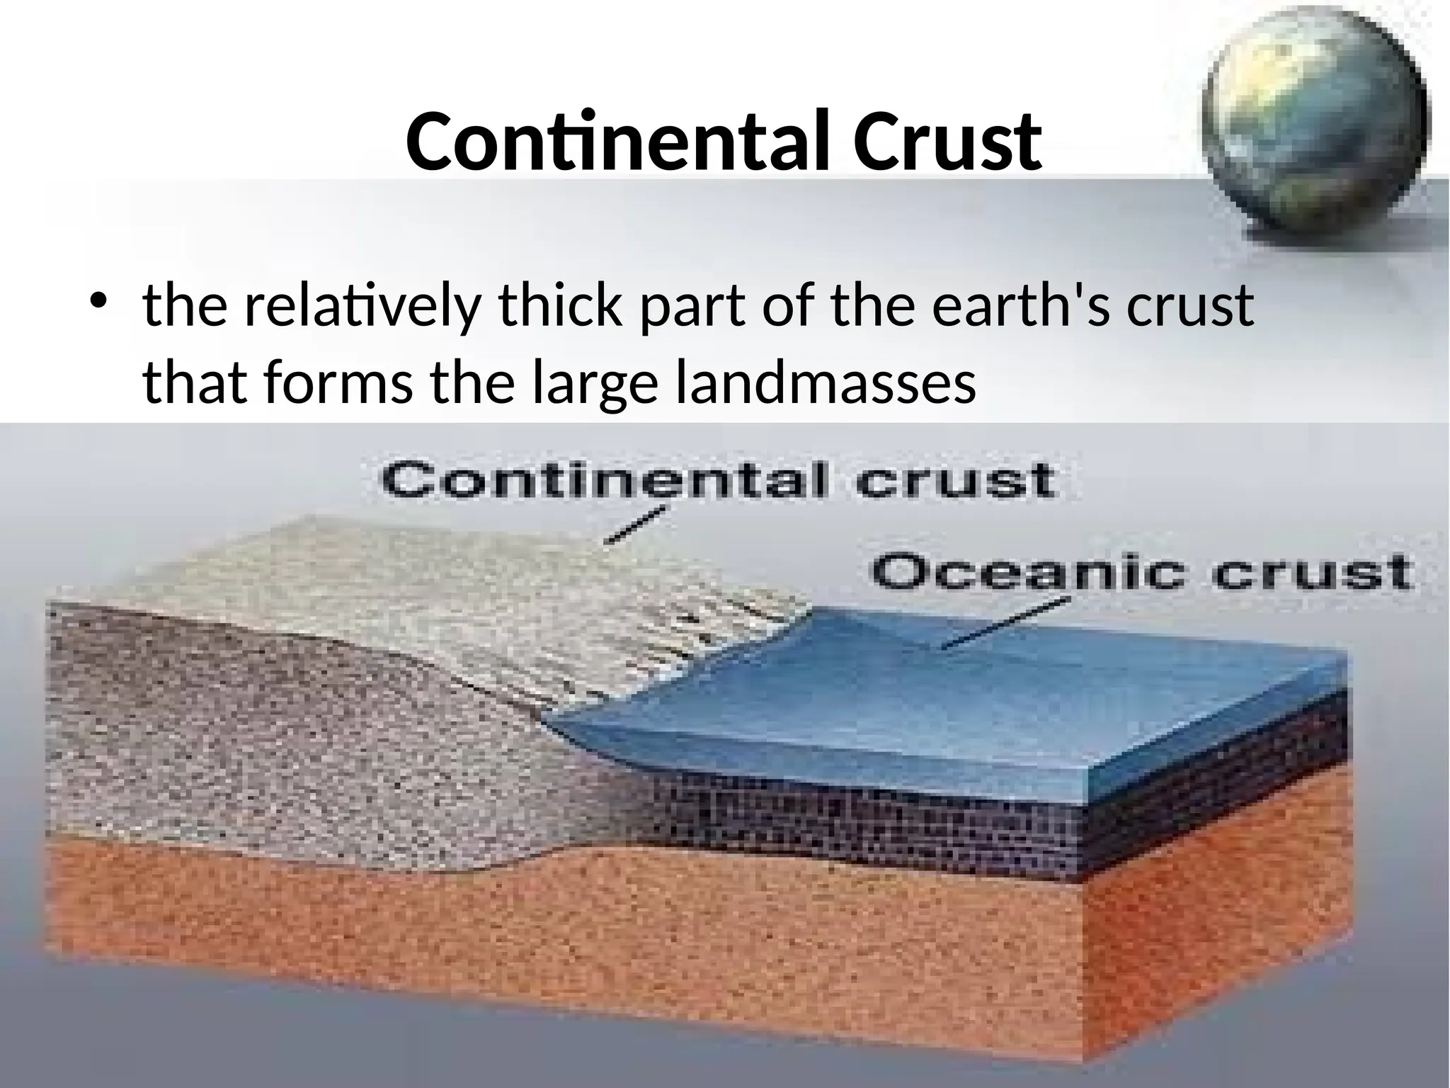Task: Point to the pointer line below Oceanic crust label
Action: pyautogui.click(x=1005, y=623)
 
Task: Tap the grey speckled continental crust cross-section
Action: pyautogui.click(x=283, y=744)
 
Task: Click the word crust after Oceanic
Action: pyautogui.click(x=1310, y=574)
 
